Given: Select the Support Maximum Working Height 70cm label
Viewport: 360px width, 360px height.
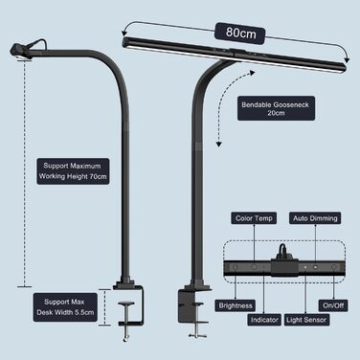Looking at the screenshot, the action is tap(72, 170).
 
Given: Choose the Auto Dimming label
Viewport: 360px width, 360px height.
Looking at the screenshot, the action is tap(315, 218).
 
